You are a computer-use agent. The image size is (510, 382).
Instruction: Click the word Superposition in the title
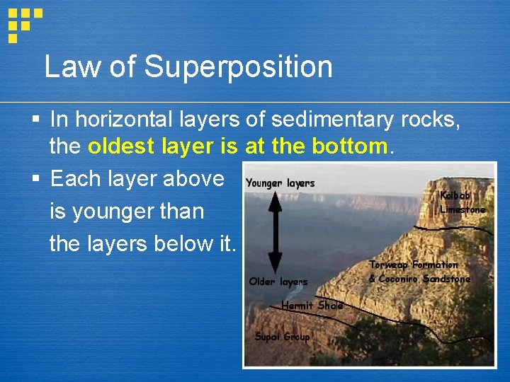pyautogui.click(x=239, y=68)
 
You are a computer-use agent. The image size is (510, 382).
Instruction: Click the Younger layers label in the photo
pyautogui.click(x=280, y=183)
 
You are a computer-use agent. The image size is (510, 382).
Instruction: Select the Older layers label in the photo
pyautogui.click(x=278, y=282)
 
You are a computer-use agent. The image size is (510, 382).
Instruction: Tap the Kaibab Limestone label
pyautogui.click(x=463, y=202)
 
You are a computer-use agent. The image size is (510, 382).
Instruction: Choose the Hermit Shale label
pyautogui.click(x=312, y=306)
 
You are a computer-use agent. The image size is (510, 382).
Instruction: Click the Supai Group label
pyautogui.click(x=282, y=337)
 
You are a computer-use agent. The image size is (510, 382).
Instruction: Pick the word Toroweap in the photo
pyautogui.click(x=389, y=265)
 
